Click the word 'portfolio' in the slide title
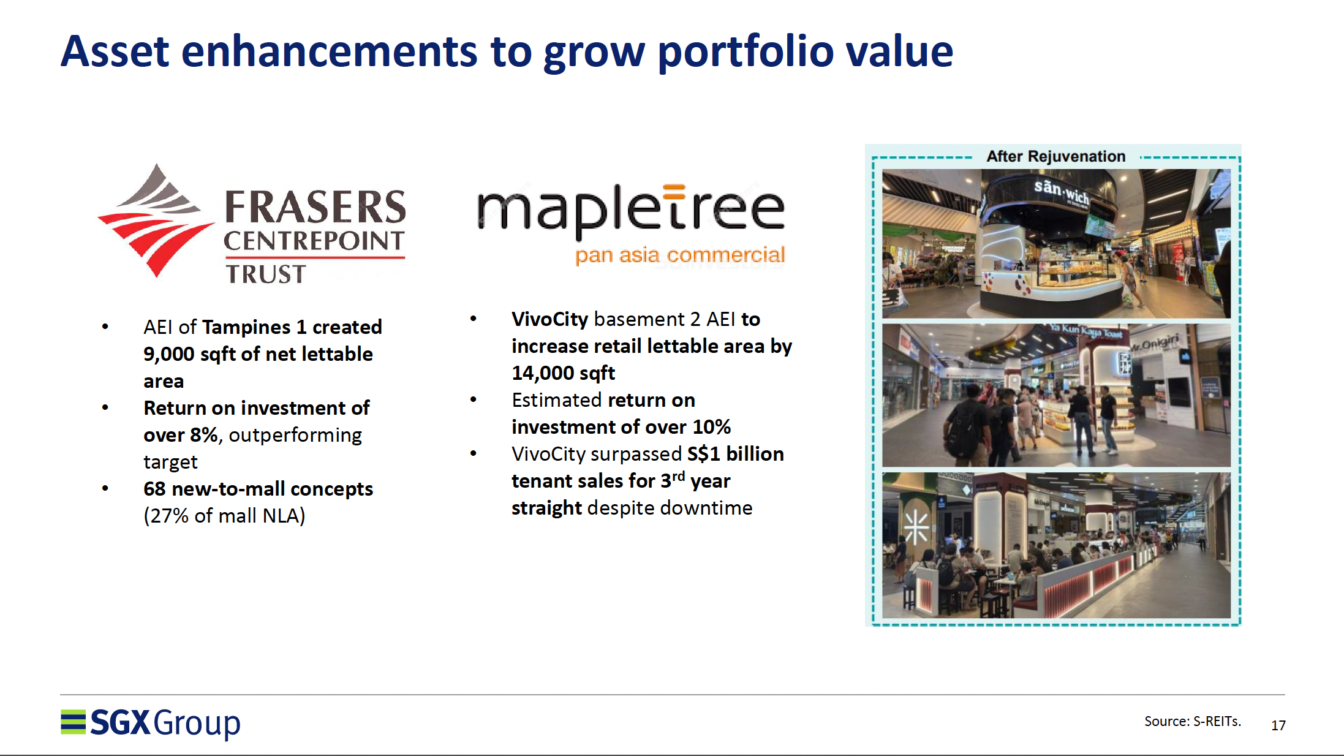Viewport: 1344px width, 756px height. [746, 52]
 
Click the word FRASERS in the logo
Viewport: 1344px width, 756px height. [315, 206]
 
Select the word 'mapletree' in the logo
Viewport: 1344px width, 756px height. [631, 211]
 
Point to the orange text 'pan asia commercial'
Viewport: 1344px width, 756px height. [680, 255]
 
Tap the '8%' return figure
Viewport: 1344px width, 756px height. [204, 435]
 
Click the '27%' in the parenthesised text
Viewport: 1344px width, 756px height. [170, 516]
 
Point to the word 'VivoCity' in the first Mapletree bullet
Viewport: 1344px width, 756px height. [549, 319]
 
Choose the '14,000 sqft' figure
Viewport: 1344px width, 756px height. [563, 373]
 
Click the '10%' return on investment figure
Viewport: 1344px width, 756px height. [711, 427]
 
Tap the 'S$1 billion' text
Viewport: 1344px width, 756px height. [735, 454]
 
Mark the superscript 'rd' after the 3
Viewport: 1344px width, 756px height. [678, 476]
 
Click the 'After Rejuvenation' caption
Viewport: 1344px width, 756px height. [1055, 156]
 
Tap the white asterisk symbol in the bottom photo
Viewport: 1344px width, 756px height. [916, 527]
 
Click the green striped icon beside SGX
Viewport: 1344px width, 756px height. [73, 722]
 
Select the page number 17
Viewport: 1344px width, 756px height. [1278, 725]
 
